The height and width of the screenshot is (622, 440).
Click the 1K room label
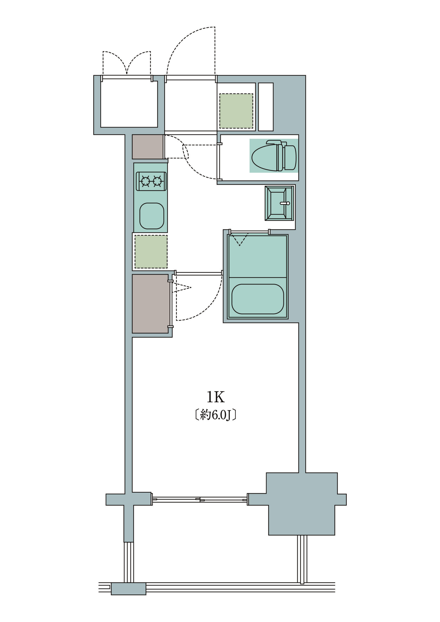click(x=216, y=397)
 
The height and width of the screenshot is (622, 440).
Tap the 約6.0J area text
click(x=216, y=415)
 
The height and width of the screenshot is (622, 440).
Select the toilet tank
click(x=290, y=157)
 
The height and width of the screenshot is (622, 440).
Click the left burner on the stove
click(x=146, y=181)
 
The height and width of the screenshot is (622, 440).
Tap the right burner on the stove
click(x=157, y=181)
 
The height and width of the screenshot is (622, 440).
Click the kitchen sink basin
click(x=152, y=216)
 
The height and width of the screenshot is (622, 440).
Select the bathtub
click(x=258, y=299)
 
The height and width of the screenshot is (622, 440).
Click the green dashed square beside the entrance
click(x=236, y=111)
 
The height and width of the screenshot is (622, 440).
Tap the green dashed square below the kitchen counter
click(x=151, y=252)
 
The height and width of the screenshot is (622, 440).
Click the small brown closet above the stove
click(x=148, y=147)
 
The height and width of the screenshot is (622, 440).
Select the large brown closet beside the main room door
click(x=150, y=304)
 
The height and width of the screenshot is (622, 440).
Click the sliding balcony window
click(x=200, y=499)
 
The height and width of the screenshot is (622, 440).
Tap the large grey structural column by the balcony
click(x=302, y=504)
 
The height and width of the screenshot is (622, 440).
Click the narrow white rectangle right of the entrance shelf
click(x=266, y=107)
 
